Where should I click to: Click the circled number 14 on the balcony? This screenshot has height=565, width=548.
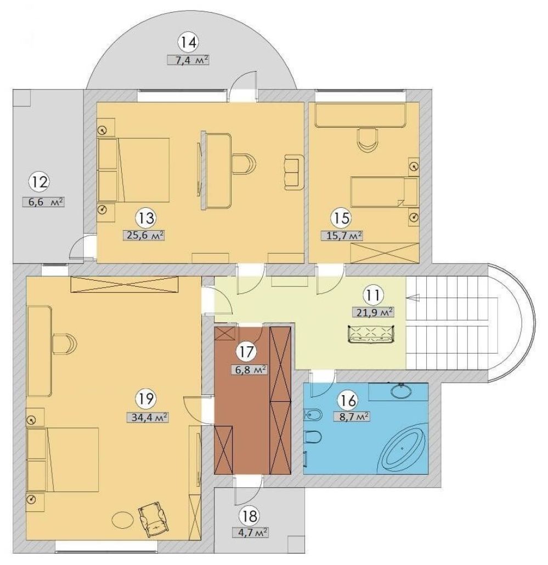coord(189,42)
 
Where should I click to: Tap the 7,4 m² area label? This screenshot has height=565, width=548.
coord(188,59)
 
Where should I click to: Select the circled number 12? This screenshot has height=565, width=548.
coord(39,182)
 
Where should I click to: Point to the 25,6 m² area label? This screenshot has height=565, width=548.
coord(145,235)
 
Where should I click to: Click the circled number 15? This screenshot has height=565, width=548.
coord(342,218)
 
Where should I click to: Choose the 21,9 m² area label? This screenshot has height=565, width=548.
coord(372,312)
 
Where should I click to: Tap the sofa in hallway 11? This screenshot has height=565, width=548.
coord(372,334)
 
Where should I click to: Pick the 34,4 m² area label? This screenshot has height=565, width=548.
coord(148,417)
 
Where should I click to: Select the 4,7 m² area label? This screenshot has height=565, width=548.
coord(251,532)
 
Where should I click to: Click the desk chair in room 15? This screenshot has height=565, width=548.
coord(367,139)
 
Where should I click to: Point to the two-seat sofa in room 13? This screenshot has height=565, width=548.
coord(293,172)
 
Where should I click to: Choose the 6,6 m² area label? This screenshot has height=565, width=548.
coord(44,202)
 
